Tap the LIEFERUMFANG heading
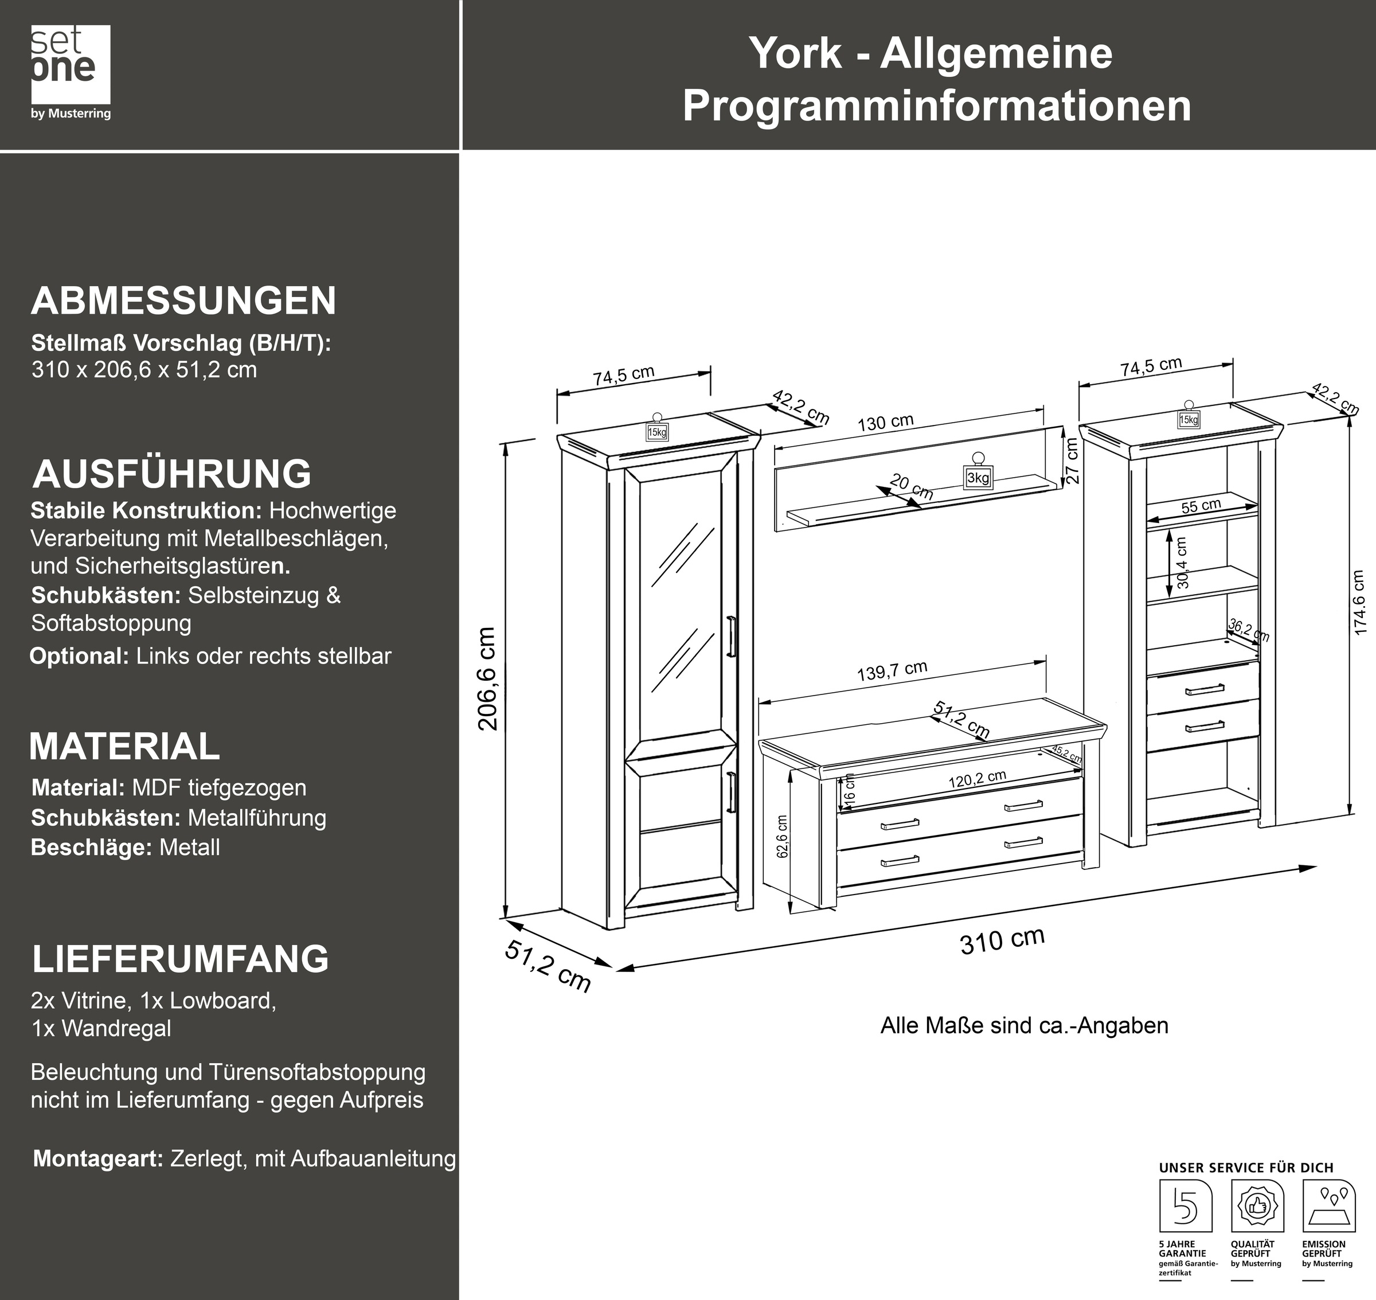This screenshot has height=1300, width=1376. pos(181,958)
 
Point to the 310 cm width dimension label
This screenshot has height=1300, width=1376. pos(1002,940)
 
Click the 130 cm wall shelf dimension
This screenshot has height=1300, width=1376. pos(885,422)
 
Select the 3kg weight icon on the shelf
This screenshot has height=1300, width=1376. pos(978,471)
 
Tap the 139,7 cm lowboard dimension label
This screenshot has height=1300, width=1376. pos(892,671)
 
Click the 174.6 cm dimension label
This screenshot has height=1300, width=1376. pos(1359,602)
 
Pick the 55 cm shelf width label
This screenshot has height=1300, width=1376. pos(1201,506)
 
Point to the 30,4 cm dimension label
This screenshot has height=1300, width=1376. pos(1182,563)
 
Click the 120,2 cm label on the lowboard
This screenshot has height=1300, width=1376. pos(977,779)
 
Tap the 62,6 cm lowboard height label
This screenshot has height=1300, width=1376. pos(782,837)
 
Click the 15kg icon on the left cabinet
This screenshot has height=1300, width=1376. pos(657,428)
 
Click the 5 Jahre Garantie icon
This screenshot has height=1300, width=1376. pos(1186,1207)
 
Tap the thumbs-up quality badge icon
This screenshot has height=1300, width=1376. pos(1257,1207)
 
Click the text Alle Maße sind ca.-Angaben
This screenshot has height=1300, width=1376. pos(1024,1025)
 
